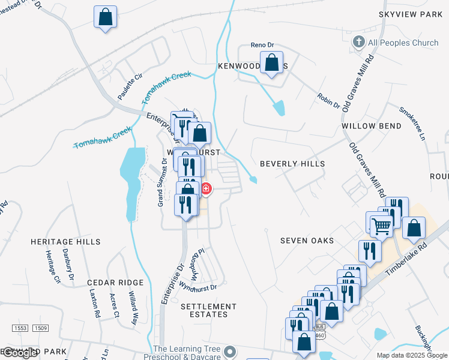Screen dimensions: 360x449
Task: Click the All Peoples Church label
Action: (404, 43)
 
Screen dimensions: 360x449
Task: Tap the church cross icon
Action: (358, 42)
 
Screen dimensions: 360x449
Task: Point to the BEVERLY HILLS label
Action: (292, 163)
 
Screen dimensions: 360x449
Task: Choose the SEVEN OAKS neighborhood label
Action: (307, 241)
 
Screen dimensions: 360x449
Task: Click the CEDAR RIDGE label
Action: (115, 282)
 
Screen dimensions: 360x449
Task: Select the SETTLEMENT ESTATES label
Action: (205, 310)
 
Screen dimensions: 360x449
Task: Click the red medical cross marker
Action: (206, 190)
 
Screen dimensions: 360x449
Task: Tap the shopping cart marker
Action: (381, 226)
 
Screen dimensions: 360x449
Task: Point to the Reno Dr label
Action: (262, 46)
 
